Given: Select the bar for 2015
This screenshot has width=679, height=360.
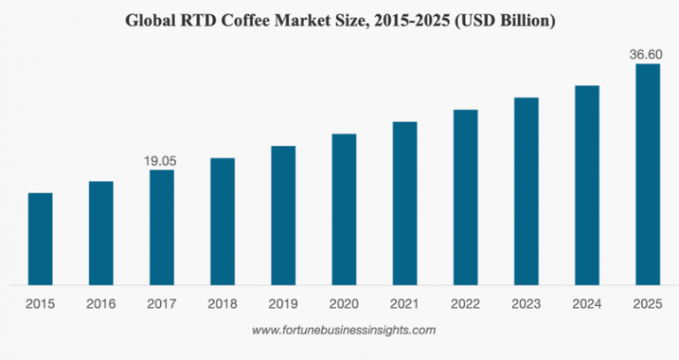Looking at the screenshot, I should tap(40, 239).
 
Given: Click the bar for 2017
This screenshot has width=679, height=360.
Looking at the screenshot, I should tap(162, 227).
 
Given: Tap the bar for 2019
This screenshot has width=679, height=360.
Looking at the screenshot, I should tap(283, 215).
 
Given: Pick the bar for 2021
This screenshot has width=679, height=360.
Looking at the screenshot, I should tap(405, 203).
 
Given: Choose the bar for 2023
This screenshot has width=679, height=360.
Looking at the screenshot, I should tap(526, 191).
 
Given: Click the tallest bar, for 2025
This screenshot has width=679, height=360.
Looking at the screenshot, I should tap(648, 174).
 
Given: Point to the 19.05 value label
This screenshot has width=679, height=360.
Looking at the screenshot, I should tap(161, 161).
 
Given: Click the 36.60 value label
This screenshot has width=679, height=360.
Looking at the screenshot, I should tap(646, 55).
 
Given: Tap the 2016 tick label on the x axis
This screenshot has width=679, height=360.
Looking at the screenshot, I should tap(101, 303).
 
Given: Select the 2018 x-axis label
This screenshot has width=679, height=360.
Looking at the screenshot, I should tap(222, 303).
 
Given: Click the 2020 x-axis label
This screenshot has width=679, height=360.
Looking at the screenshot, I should tap(344, 303).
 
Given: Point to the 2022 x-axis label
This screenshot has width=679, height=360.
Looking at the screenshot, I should tap(465, 303).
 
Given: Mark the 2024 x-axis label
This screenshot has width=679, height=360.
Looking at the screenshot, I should tap(587, 303).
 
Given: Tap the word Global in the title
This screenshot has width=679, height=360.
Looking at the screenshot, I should tap(156, 19).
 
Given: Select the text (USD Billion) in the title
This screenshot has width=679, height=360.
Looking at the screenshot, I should tap(504, 19).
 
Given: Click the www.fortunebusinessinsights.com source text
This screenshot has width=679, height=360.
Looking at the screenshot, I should tap(344, 330).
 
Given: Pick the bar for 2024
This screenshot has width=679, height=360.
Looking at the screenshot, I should tap(587, 185).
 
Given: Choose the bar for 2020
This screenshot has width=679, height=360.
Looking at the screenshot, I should tap(344, 210).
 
